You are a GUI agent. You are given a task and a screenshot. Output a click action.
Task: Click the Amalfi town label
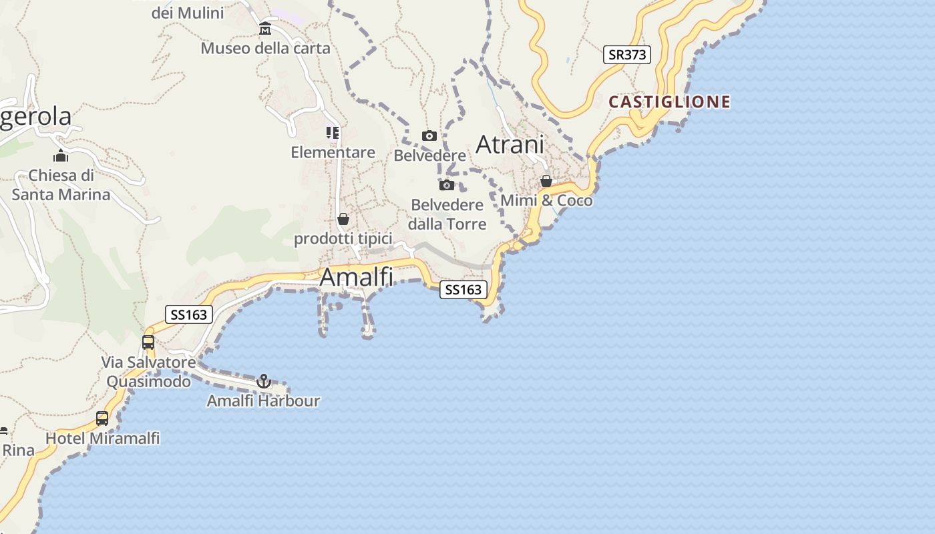(x=356, y=277)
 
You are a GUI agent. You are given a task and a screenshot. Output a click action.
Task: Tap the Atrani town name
(x=510, y=144)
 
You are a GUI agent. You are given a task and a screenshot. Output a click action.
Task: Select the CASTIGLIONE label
(x=669, y=102)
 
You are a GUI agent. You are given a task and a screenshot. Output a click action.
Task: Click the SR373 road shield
(x=626, y=55)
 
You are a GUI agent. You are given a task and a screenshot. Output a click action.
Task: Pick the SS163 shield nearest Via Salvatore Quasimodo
(x=188, y=314)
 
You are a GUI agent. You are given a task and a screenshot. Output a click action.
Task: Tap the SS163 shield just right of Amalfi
(x=463, y=290)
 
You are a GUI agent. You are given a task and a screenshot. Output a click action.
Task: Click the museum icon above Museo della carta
(x=265, y=29)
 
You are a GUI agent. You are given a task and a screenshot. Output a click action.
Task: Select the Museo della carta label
(x=266, y=48)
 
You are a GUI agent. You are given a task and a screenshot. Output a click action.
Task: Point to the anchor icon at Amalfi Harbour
(x=264, y=381)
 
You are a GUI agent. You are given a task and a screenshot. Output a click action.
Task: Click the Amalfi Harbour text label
(x=263, y=401)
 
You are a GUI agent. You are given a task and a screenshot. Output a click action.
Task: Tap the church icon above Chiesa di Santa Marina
(x=61, y=156)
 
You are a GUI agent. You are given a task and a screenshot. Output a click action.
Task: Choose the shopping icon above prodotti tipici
(x=343, y=219)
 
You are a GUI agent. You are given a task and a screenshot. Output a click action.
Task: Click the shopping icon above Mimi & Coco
(x=546, y=181)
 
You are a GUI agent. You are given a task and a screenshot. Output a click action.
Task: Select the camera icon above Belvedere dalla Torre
(x=447, y=185)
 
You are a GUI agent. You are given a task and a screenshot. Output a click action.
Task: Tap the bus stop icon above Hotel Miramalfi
(x=102, y=419)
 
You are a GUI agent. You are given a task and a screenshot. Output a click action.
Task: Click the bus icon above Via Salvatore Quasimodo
(x=148, y=342)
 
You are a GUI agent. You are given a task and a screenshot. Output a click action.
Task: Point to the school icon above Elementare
(x=333, y=132)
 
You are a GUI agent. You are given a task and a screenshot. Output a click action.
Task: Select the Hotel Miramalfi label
(x=103, y=439)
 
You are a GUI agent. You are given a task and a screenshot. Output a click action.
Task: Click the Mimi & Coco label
(x=546, y=200)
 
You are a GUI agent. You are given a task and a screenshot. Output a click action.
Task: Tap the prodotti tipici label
(x=343, y=239)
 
